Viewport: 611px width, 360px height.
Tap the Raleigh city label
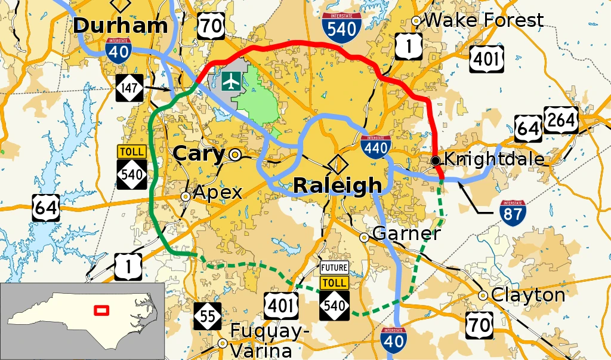(x=337, y=186)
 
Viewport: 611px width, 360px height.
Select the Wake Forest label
(x=483, y=20)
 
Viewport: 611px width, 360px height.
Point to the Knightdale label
(x=495, y=159)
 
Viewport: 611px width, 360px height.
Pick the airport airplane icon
(x=230, y=80)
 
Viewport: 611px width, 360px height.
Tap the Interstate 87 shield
(x=513, y=211)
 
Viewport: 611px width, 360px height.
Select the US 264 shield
(x=560, y=120)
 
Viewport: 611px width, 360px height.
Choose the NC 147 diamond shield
(x=130, y=87)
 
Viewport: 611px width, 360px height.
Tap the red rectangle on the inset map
(x=102, y=310)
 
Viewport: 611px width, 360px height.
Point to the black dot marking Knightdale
(x=436, y=160)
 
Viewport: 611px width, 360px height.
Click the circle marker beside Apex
(x=186, y=196)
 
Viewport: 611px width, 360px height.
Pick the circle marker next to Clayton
(x=483, y=295)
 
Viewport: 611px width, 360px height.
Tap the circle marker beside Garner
(x=364, y=237)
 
